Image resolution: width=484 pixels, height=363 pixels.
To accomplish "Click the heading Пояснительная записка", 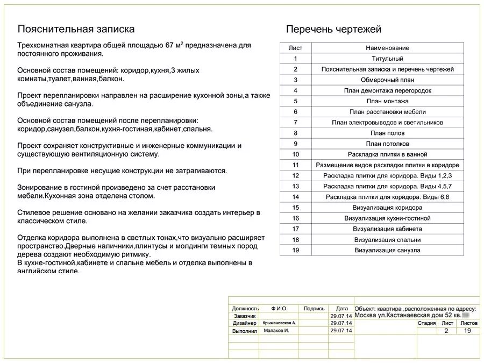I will (76, 29).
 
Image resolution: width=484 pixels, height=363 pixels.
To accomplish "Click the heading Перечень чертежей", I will (333, 29).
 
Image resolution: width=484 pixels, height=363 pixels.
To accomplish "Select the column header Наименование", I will (387, 48).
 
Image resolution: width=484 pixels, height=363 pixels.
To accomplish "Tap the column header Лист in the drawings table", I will (295, 48).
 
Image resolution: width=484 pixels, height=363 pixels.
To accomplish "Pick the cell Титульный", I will (387, 59).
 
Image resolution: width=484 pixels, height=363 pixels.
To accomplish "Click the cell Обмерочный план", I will (387, 80).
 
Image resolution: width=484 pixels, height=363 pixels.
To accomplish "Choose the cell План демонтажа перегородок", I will (387, 90).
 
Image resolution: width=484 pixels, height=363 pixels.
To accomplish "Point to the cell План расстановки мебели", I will (387, 112).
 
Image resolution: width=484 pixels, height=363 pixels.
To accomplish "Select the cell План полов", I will (387, 133).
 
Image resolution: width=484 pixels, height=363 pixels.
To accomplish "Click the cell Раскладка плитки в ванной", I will (387, 154).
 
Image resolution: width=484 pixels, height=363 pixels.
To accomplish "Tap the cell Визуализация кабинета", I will (387, 229).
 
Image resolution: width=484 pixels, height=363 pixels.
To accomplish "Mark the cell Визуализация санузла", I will (387, 250).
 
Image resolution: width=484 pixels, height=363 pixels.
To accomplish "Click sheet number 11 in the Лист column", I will (295, 165).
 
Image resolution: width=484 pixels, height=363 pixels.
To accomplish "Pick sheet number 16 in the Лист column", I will (295, 218).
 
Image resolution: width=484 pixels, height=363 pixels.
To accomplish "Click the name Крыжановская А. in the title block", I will (279, 323).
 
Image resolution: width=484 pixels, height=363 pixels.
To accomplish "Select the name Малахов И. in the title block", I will (276, 330).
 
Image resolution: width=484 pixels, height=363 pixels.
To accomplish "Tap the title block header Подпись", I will (314, 309).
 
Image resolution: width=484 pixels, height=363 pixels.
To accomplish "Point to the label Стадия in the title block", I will (426, 323).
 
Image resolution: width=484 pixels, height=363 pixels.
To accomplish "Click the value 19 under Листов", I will (467, 331).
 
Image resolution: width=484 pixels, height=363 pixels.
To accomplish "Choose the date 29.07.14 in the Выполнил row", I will (341, 331).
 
